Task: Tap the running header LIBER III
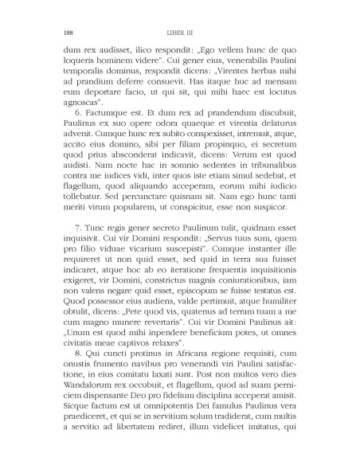point(179,33)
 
